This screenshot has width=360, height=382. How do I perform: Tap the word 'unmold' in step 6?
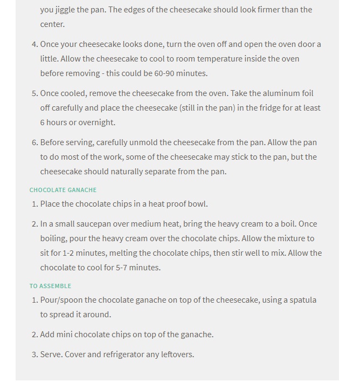[144, 142]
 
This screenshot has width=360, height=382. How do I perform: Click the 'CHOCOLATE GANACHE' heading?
[63, 190]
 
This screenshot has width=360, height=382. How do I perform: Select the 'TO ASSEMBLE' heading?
[50, 286]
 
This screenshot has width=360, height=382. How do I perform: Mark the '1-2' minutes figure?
[71, 253]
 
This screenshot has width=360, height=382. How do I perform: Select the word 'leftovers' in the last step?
[177, 354]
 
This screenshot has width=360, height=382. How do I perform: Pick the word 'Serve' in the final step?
[51, 354]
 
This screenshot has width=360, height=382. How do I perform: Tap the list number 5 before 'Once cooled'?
[34, 93]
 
